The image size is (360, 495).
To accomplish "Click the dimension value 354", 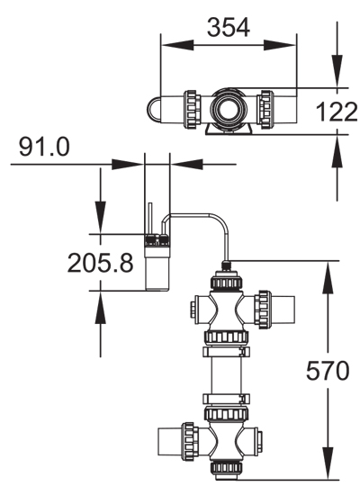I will point(229,27).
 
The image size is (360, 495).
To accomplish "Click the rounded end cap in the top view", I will point(154,108).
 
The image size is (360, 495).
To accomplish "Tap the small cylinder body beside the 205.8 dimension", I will point(158,266).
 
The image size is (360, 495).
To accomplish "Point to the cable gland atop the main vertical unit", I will point(223,265).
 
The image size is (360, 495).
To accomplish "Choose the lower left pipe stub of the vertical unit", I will point(171,440).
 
